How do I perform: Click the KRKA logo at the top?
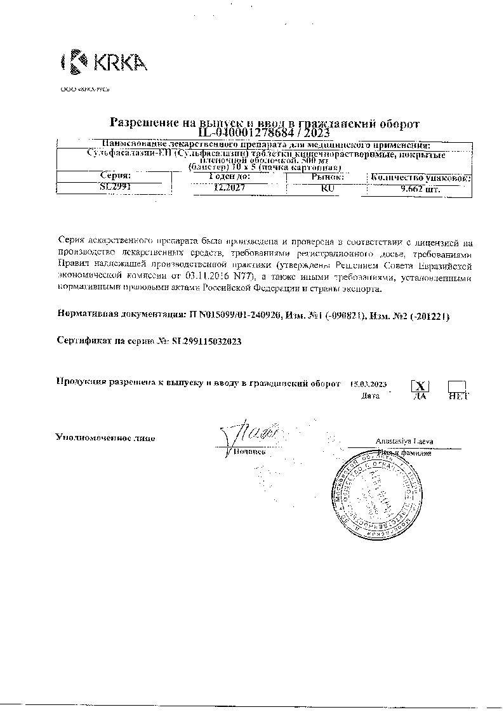[104, 62]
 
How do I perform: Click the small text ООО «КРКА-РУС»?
[85, 90]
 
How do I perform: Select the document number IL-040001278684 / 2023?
[265, 133]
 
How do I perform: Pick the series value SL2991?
[115, 188]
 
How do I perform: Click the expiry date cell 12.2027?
[229, 188]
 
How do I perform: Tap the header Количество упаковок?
[420, 178]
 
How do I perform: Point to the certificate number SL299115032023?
[206, 341]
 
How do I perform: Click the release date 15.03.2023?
[368, 385]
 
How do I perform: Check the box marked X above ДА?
[420, 385]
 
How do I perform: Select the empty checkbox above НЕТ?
[457, 385]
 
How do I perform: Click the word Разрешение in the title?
[143, 122]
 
